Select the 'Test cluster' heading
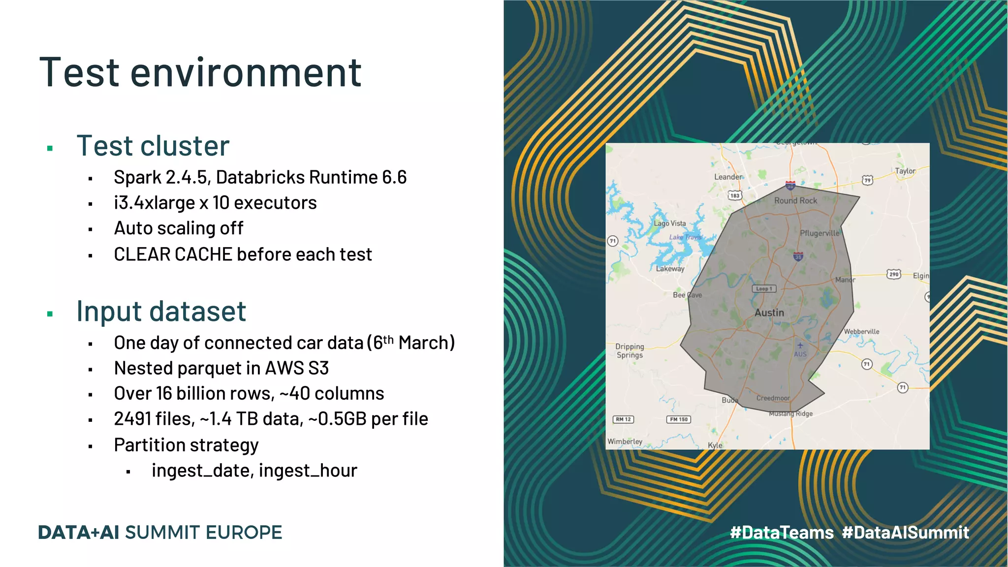(153, 146)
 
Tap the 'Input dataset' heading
(161, 312)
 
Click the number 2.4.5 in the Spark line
(187, 177)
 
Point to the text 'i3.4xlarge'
(154, 203)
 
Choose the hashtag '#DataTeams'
(782, 533)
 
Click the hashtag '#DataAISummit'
(905, 533)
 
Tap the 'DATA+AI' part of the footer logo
(79, 533)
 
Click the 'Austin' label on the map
(769, 313)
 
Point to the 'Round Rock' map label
(795, 201)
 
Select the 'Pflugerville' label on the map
(819, 233)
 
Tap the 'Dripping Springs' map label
(630, 350)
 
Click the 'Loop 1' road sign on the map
(764, 289)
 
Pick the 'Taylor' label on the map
(905, 171)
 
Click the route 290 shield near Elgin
(894, 274)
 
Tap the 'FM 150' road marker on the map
(679, 419)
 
